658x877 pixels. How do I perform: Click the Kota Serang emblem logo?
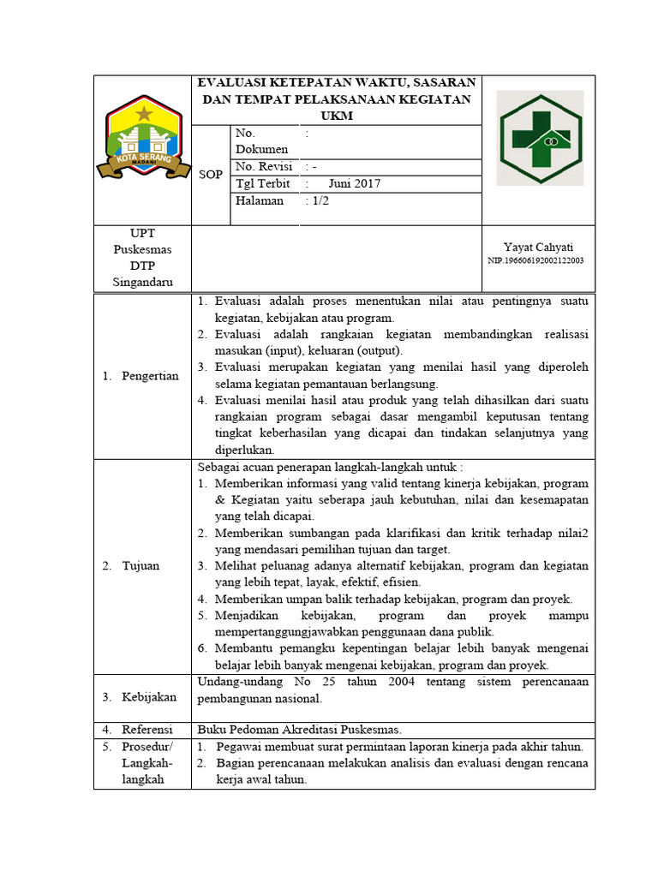click(142, 140)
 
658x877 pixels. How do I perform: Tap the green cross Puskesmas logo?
click(541, 138)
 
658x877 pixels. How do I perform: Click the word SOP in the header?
click(211, 175)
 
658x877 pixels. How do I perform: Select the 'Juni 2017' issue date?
click(354, 183)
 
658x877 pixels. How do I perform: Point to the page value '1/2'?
click(317, 200)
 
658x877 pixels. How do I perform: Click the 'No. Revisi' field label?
click(263, 166)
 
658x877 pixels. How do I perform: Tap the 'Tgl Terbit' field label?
click(261, 183)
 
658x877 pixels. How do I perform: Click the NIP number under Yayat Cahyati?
click(535, 260)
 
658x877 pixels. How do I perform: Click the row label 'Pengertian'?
click(150, 376)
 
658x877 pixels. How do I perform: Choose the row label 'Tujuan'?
click(141, 566)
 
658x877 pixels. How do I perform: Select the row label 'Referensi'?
click(147, 730)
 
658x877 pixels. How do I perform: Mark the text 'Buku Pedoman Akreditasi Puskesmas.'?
click(300, 730)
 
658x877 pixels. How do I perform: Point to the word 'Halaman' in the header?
click(259, 200)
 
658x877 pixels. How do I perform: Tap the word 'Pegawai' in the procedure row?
click(240, 747)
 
